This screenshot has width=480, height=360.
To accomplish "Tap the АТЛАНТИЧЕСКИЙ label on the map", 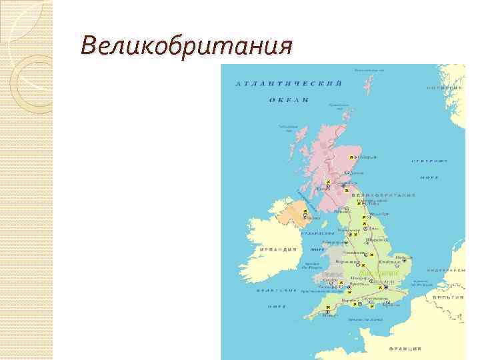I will click(289, 83).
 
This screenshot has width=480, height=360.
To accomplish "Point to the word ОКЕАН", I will click(289, 99).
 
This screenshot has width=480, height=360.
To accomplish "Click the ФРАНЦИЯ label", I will click(406, 348).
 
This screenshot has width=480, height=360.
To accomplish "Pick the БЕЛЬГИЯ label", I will click(447, 295).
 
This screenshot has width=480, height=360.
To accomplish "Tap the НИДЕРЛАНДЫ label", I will click(446, 270).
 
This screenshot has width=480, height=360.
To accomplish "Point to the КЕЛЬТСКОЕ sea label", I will click(277, 291).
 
